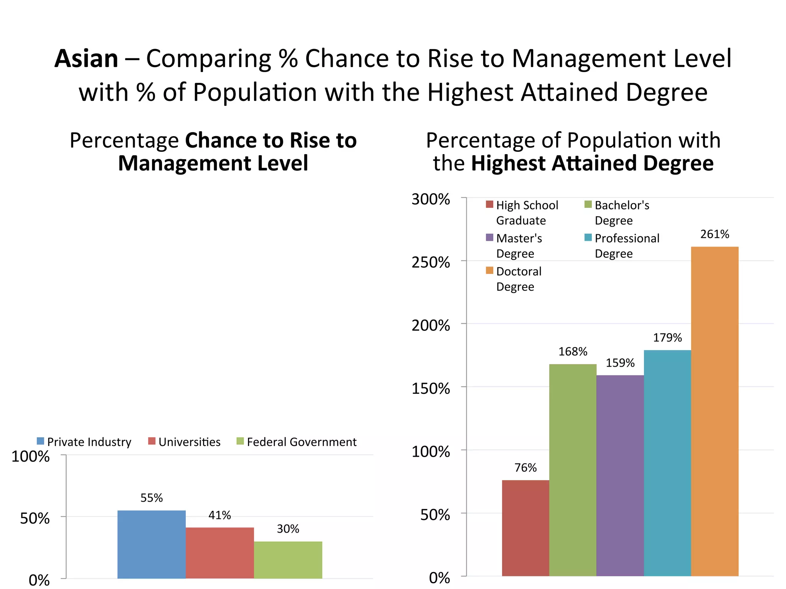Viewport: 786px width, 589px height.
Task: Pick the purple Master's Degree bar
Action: coord(620,475)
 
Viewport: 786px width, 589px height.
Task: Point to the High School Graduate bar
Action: coord(525,528)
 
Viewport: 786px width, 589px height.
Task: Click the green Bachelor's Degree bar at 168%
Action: coord(573,470)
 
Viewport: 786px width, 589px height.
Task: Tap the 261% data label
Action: coord(715,234)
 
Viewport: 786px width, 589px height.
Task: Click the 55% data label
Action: coord(152,498)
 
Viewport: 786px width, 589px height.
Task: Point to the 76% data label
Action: coord(525,468)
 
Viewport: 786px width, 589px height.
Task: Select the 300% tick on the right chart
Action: coord(431,199)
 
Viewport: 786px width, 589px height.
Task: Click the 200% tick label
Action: coord(431,326)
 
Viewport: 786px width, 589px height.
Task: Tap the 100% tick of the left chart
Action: coord(31,457)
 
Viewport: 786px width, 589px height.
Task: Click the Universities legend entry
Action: coord(185,442)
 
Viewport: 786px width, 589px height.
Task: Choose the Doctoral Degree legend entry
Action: coord(514,279)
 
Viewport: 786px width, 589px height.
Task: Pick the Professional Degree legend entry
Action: coord(622,246)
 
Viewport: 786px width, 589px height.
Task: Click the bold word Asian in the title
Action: coord(86,59)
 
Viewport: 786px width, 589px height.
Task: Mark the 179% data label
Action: coord(667,338)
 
